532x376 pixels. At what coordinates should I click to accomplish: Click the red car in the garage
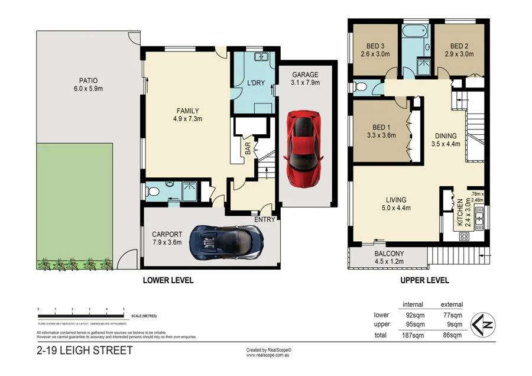[x=304, y=145]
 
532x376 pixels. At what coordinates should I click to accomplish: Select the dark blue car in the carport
[x=228, y=242]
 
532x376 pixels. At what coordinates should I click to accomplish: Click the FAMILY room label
[x=188, y=111]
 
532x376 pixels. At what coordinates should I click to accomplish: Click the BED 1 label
[x=381, y=127]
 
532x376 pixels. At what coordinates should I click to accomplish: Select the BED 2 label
[x=459, y=47]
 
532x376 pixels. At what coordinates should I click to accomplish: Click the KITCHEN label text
[x=459, y=217]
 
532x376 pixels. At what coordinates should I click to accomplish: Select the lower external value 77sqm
[x=452, y=315]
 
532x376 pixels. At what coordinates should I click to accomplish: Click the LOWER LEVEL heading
[x=168, y=280]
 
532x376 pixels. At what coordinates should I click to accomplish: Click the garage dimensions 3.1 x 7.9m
[x=305, y=83]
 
